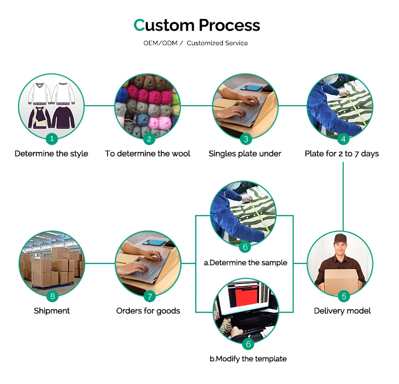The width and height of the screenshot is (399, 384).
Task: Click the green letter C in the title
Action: pyautogui.click(x=139, y=25)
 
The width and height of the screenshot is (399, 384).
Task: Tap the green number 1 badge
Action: pyautogui.click(x=52, y=139)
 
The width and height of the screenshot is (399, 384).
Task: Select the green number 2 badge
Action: pyautogui.click(x=149, y=139)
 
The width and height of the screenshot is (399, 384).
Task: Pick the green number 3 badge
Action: pyautogui.click(x=246, y=139)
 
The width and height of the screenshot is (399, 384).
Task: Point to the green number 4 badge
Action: pyautogui.click(x=343, y=139)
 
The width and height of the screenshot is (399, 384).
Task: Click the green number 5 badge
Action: pyautogui.click(x=343, y=296)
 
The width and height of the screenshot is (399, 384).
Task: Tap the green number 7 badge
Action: pyautogui.click(x=149, y=296)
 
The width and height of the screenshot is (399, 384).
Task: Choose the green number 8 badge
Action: pyautogui.click(x=52, y=296)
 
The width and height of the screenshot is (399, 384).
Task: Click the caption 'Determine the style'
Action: pyautogui.click(x=52, y=154)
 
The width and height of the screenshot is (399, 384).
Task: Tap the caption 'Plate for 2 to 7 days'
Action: pyautogui.click(x=342, y=154)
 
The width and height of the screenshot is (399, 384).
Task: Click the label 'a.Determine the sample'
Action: pyautogui.click(x=245, y=262)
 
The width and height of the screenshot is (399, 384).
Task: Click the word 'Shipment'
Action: pyautogui.click(x=52, y=311)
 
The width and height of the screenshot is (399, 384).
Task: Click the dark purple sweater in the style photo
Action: pyautogui.click(x=65, y=116)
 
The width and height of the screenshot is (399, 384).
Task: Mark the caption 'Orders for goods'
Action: pyautogui.click(x=148, y=311)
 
